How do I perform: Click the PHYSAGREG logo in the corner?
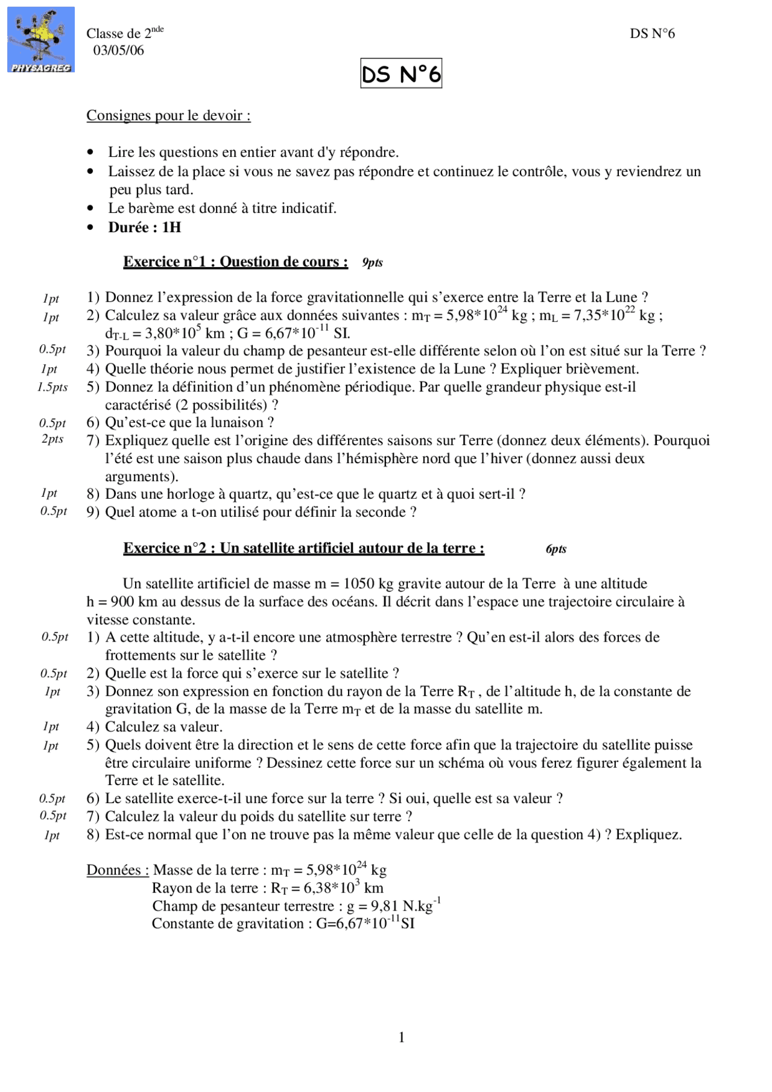click(x=40, y=40)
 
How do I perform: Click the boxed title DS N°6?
click(x=401, y=74)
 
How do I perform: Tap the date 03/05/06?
click(x=118, y=51)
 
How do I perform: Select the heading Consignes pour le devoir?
click(x=168, y=115)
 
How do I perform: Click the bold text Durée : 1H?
click(x=145, y=227)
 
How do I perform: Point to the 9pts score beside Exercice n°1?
click(x=372, y=262)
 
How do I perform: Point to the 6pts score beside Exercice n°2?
click(x=555, y=549)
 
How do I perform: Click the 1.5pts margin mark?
click(x=52, y=387)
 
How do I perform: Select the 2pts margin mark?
click(x=52, y=439)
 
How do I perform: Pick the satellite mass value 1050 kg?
click(x=368, y=584)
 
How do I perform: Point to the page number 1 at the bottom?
click(x=402, y=1037)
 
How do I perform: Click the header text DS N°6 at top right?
click(x=652, y=34)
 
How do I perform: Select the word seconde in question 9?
click(x=382, y=513)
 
